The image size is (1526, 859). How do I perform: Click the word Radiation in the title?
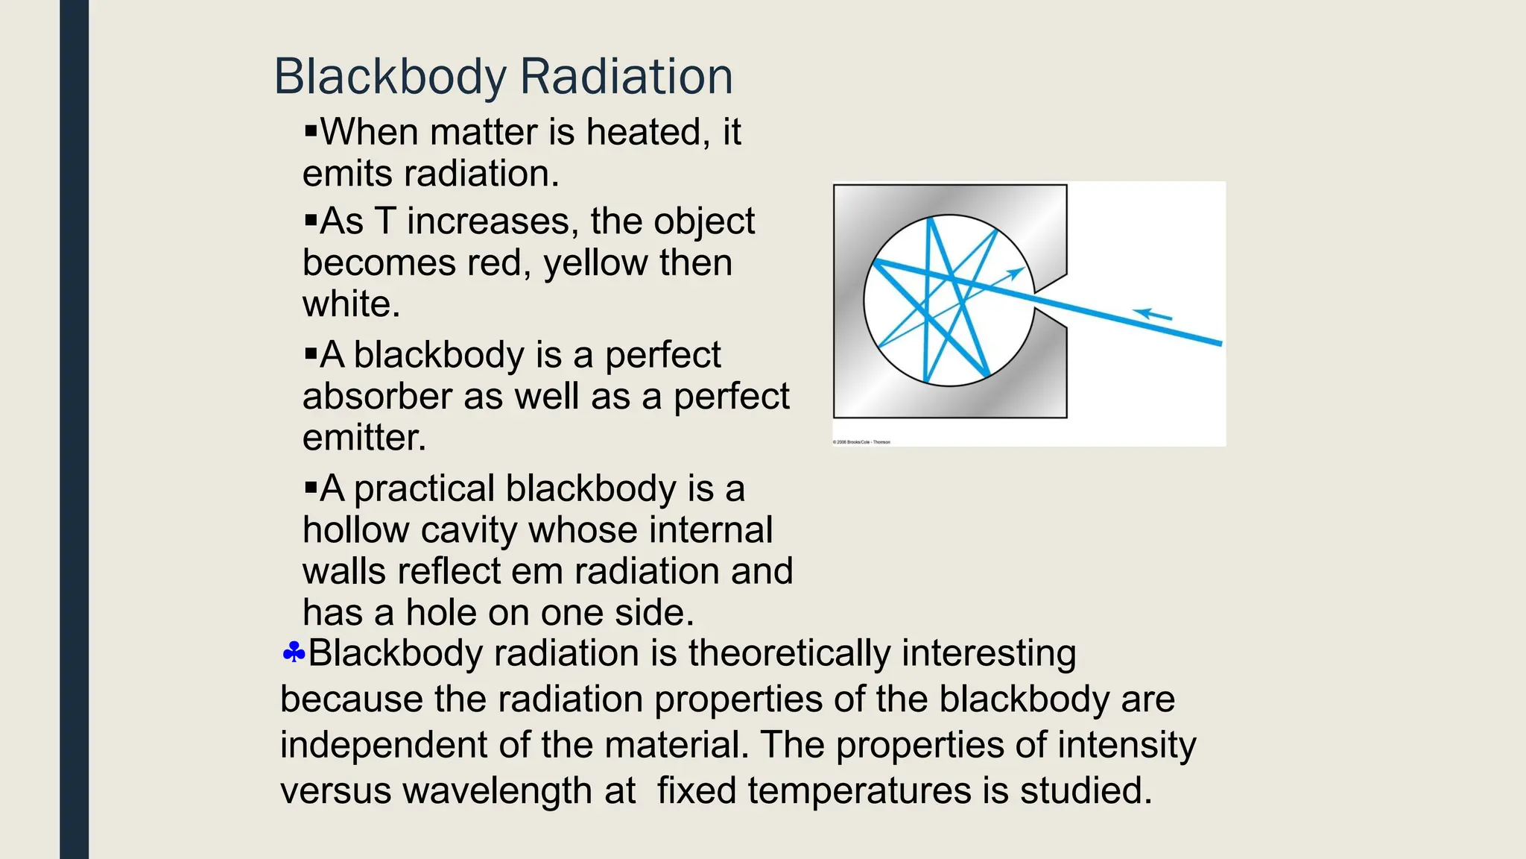[x=626, y=77]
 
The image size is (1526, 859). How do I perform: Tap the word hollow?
[x=356, y=530]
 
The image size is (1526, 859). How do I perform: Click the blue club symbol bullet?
[x=294, y=653]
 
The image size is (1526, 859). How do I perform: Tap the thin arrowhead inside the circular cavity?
[x=1015, y=274]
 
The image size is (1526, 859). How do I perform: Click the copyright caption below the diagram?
[x=861, y=442]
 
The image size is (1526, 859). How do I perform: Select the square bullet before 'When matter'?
[x=311, y=132]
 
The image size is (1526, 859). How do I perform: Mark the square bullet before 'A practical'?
[x=311, y=489]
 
